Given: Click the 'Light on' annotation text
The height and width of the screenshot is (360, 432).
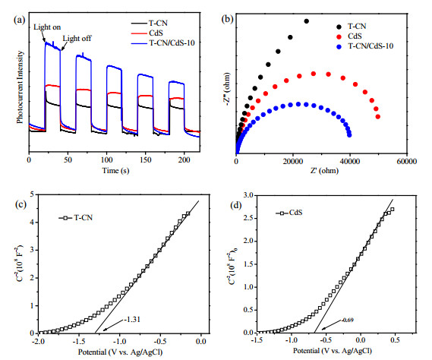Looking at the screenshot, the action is (47, 27).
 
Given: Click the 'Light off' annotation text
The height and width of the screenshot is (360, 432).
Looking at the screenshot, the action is (77, 38).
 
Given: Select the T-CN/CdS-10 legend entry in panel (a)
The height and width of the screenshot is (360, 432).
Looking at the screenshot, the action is (162, 43).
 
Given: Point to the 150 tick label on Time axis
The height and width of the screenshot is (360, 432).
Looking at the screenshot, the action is (145, 160).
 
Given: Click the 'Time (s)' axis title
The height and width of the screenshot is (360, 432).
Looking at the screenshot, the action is (115, 171).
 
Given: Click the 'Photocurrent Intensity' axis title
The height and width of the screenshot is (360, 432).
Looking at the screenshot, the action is (20, 87).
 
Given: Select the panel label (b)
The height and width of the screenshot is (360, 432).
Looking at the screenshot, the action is (228, 19).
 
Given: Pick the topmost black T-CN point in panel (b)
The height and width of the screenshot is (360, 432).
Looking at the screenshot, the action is (307, 21).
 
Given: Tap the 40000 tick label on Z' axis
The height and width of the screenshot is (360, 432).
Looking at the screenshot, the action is (349, 161).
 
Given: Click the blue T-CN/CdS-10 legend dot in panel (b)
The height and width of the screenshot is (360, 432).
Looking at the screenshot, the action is (339, 47).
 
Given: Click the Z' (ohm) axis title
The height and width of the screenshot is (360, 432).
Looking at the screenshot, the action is (324, 171).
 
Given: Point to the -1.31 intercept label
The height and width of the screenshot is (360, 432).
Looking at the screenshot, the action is (132, 320).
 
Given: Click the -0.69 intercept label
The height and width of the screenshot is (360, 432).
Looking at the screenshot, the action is (348, 320).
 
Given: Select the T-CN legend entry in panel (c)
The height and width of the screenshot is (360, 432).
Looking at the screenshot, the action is (75, 218).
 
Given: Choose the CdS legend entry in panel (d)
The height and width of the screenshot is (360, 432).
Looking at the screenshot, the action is (289, 213).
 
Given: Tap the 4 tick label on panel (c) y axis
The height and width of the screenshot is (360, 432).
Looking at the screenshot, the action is (32, 223).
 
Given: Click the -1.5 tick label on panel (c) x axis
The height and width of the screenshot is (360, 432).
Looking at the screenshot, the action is (78, 341).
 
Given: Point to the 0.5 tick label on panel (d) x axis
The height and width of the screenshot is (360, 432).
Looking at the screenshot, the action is (395, 340).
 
